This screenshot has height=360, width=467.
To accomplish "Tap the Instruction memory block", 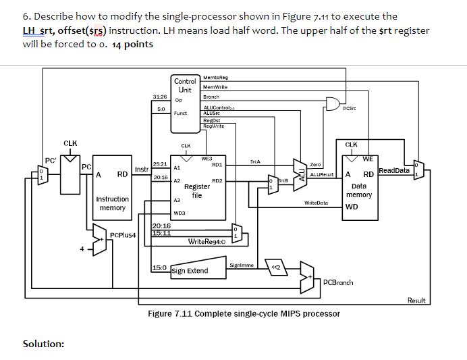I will pos(112,197).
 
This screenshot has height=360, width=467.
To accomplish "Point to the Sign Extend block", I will pos(190,271).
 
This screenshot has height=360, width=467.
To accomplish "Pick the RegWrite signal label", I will pos(213,125).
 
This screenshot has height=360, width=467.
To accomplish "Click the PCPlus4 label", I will pos(123,236).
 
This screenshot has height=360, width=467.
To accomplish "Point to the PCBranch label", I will pos(338,282).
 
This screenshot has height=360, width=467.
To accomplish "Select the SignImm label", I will pos(240,265).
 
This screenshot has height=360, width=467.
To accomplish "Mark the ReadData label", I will pos(394,171).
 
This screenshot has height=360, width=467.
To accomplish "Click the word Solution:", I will pos(44,344).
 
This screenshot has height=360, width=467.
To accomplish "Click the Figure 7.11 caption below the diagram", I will pos(244,314).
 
